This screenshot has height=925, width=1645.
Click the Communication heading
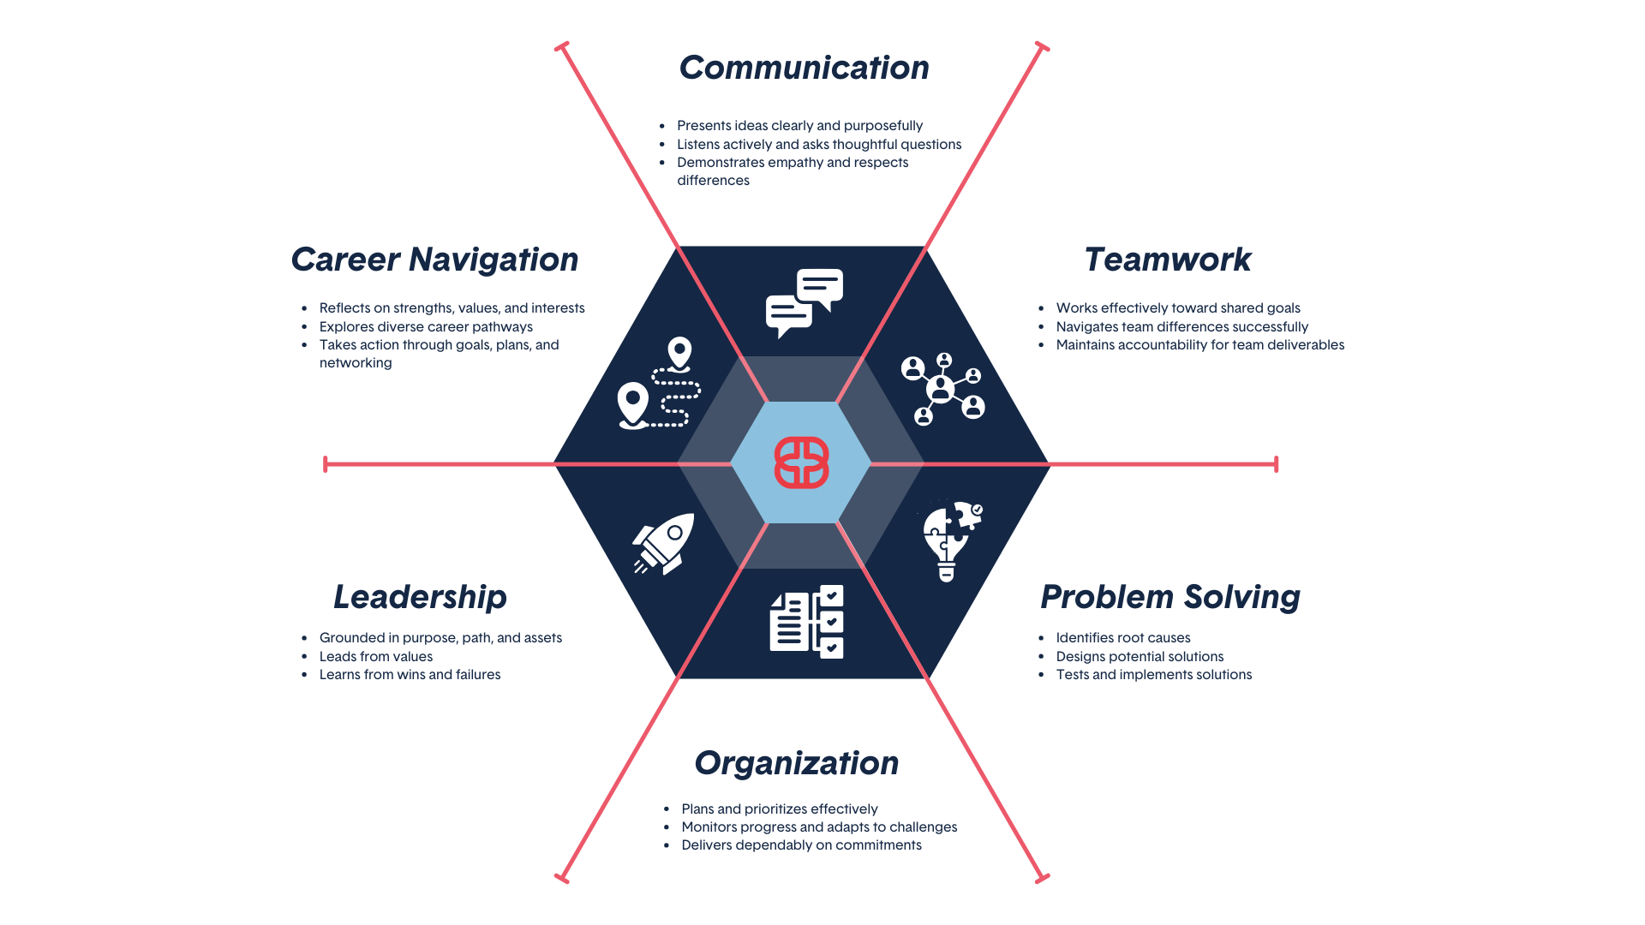coord(804,69)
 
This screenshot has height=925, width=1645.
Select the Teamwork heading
coord(1167,260)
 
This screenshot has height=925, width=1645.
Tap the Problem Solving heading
coord(1169,597)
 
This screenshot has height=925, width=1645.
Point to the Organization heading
coord(796,763)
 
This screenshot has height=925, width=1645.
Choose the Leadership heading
coord(420,597)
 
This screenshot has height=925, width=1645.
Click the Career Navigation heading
coord(434,260)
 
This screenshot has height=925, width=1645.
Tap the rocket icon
coord(664,543)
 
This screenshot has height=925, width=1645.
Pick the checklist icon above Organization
coord(806,622)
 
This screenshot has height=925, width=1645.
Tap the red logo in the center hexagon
coord(801,462)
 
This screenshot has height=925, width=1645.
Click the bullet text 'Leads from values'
coord(376,657)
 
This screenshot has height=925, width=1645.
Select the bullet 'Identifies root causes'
coord(1122,638)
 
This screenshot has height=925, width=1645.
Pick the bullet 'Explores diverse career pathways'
coord(426,327)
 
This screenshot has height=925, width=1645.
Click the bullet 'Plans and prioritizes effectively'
coord(779,809)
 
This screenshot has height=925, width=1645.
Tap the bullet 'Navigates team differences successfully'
coord(1181,327)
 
